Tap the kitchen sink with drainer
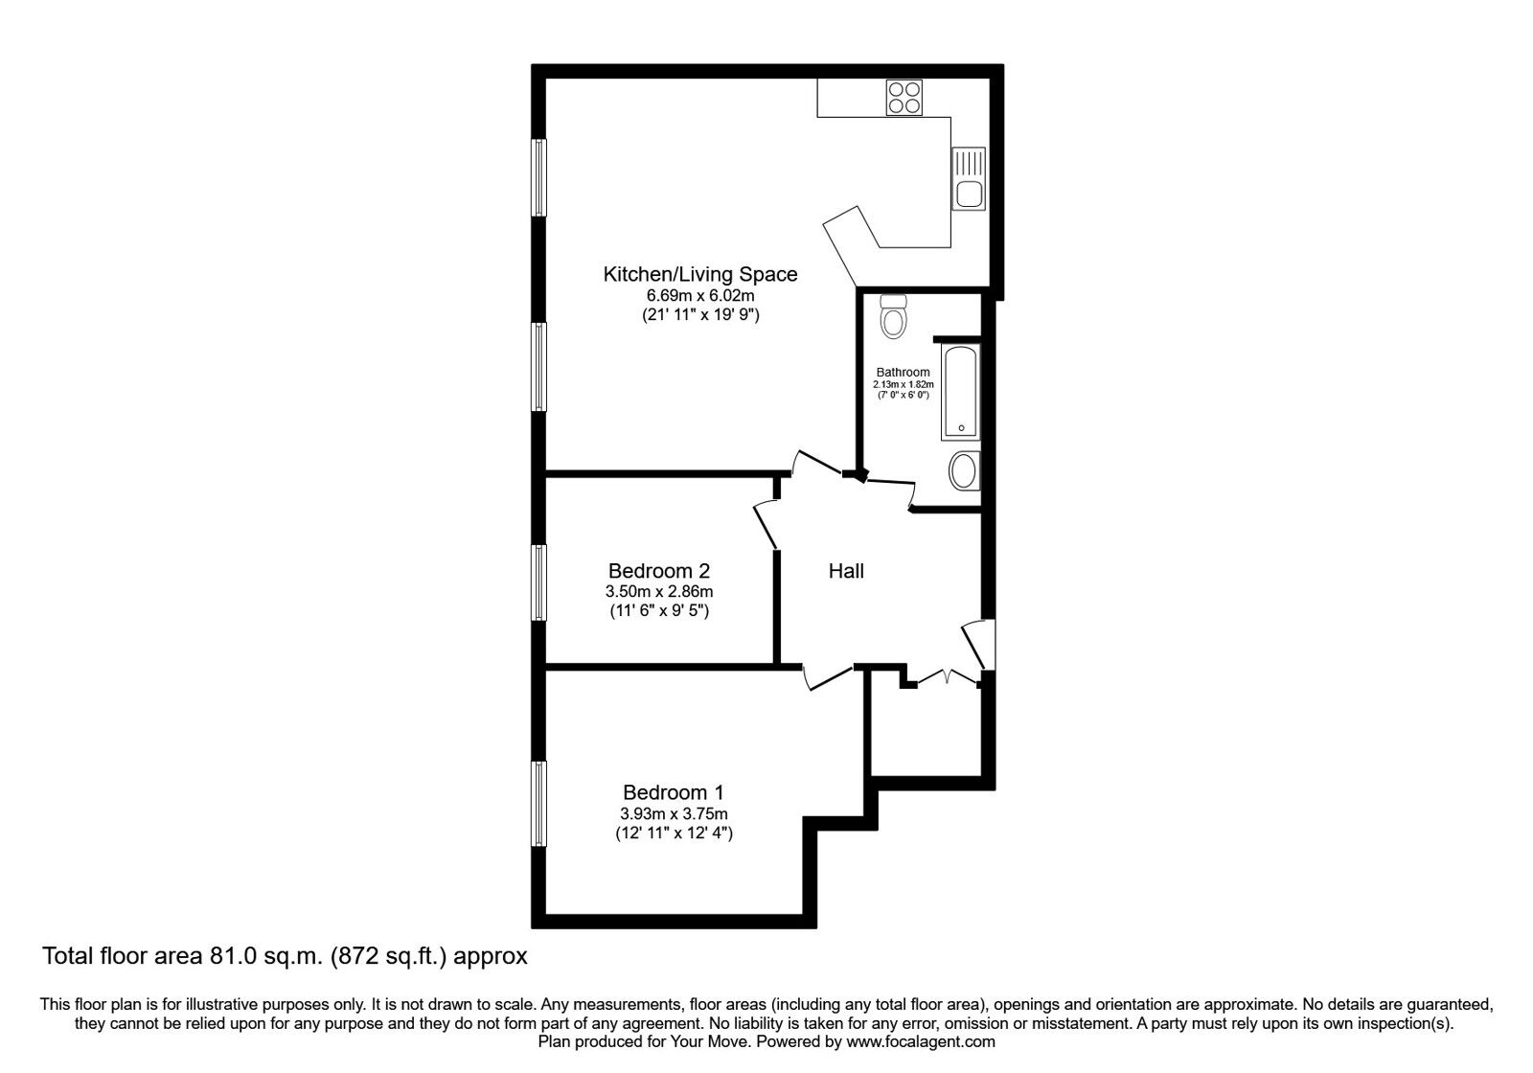coord(968,179)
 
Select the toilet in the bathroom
coord(894,315)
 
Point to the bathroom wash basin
coord(964,471)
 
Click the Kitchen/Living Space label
coord(699,274)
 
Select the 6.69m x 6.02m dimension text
coord(700,296)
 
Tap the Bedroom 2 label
coord(659,571)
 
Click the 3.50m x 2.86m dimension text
coord(659,592)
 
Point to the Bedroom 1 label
coord(674,792)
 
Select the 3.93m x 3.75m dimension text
coord(674,813)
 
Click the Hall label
coord(846,572)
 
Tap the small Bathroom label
coord(903,373)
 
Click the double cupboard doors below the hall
coord(946,679)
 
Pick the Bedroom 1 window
coord(539,804)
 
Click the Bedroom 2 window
coord(539,582)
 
